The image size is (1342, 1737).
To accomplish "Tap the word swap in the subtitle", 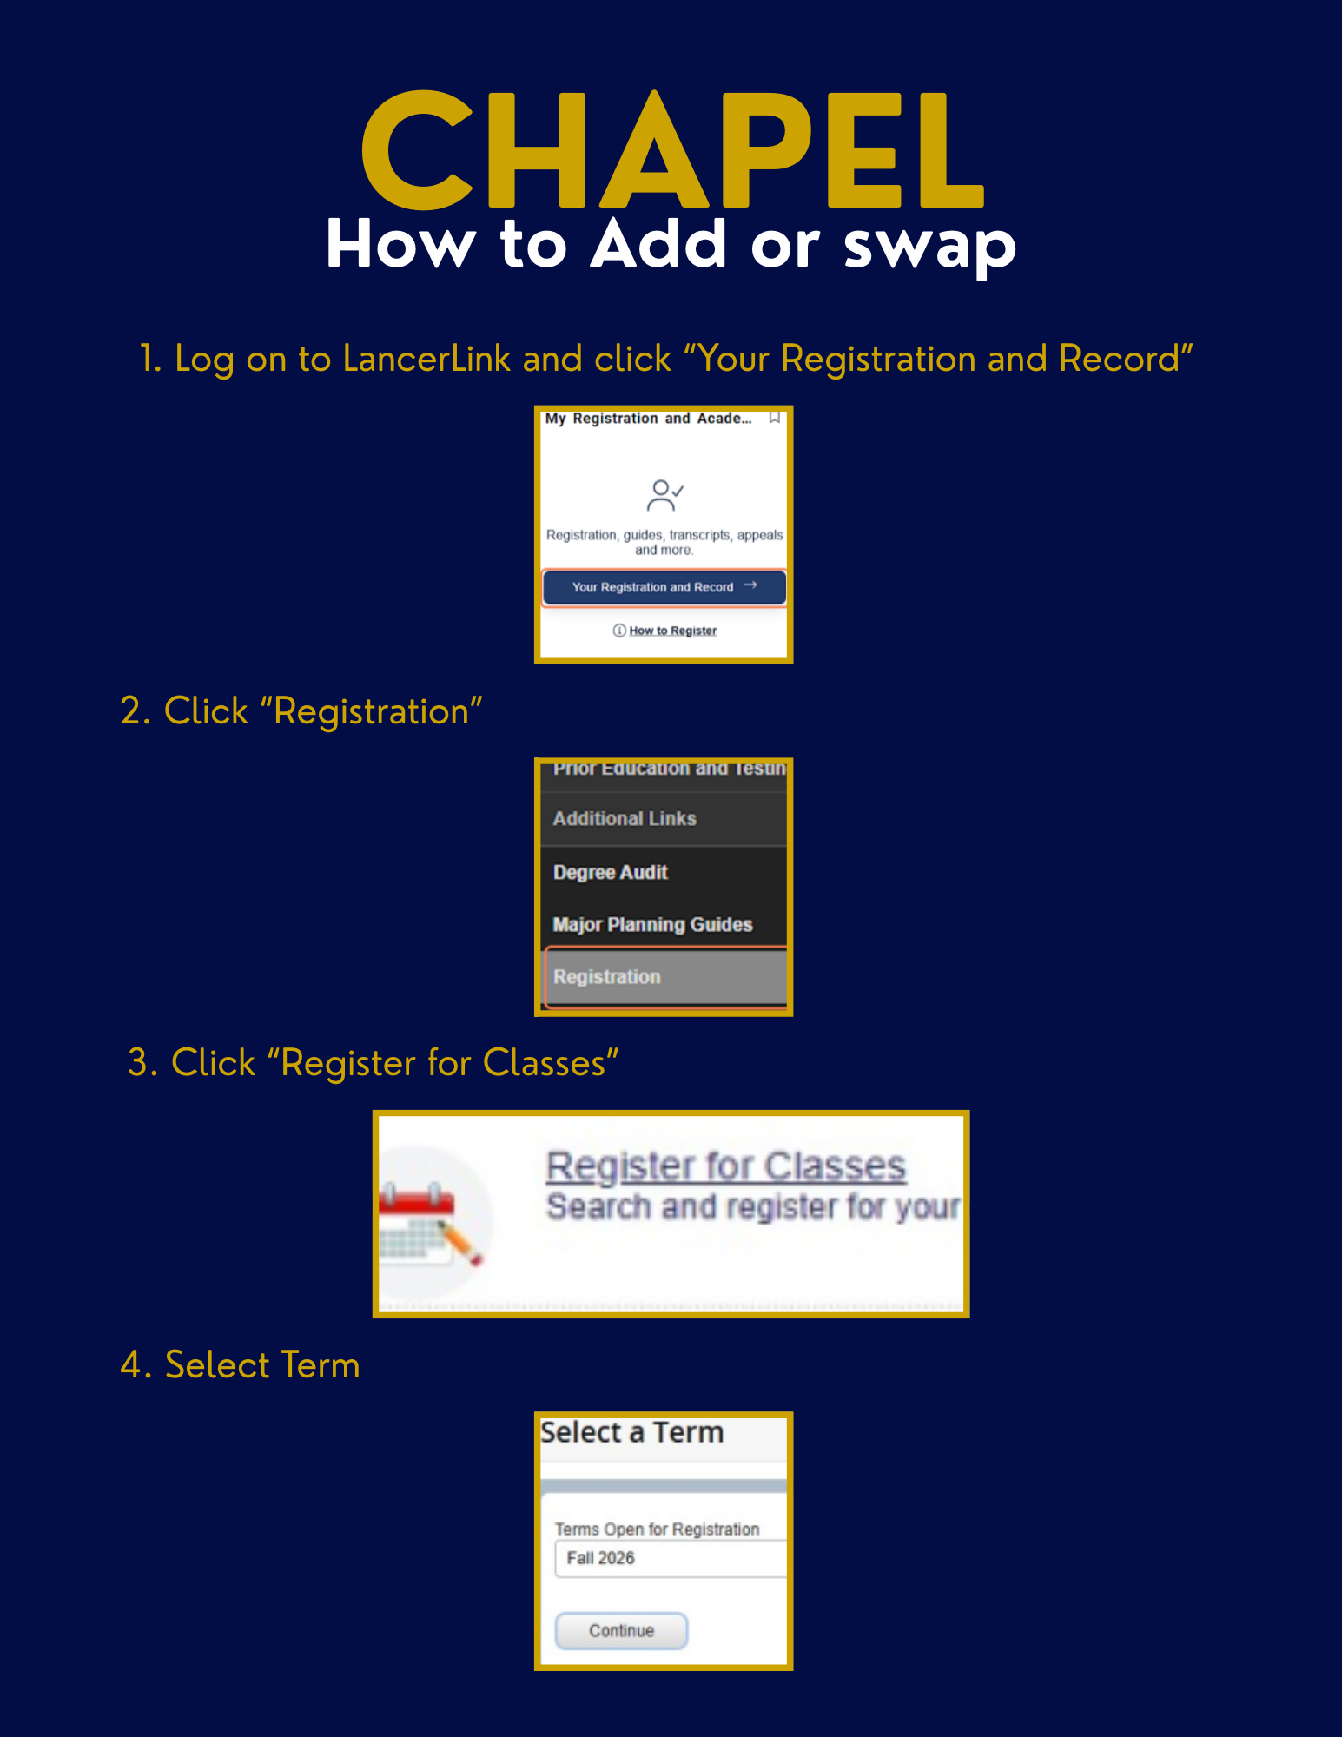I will (x=929, y=246).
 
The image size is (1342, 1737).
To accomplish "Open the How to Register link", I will (x=672, y=631).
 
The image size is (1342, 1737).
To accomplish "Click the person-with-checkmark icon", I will (x=664, y=495).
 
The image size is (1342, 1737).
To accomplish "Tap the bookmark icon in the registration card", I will (x=774, y=419).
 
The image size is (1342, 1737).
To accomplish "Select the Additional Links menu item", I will (x=625, y=819).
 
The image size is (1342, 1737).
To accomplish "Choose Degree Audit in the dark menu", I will (x=611, y=872).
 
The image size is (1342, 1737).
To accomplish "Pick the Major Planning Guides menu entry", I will (x=652, y=924).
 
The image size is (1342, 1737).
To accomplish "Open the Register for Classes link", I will (x=725, y=1166).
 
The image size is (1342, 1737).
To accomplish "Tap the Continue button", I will (x=621, y=1630).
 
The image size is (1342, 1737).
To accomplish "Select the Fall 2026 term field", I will (x=669, y=1558).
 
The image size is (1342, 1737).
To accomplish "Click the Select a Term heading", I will (x=631, y=1432).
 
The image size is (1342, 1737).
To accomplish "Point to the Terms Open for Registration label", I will (x=657, y=1529).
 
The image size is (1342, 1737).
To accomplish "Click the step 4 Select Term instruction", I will (x=240, y=1364).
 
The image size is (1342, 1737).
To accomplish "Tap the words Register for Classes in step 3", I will (x=442, y=1063).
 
